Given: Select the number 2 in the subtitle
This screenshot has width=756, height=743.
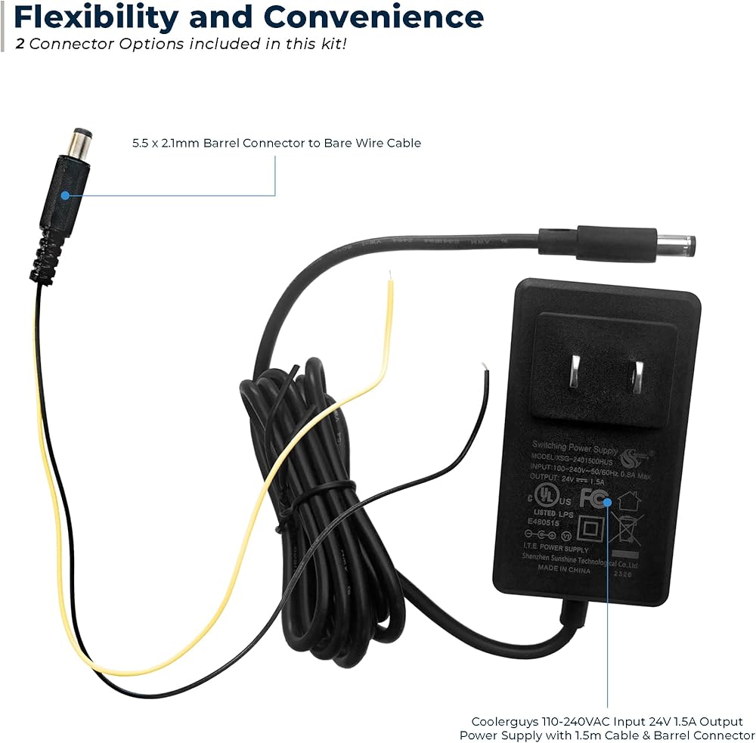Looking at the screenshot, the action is pyautogui.click(x=20, y=43).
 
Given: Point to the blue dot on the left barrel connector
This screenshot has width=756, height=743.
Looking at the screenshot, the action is pyautogui.click(x=65, y=195).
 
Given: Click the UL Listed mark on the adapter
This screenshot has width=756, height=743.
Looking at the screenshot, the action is pyautogui.click(x=541, y=496).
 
